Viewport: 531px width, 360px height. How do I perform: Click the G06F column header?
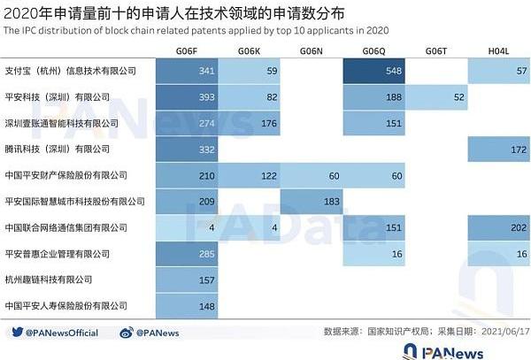pos(187,52)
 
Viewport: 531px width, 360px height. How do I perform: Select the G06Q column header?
pos(374,52)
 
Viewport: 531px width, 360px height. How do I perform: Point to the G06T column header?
pos(436,52)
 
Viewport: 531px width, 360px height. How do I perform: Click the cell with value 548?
pos(374,70)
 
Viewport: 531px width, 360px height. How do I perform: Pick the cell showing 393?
pos(187,96)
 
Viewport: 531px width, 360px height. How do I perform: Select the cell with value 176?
pos(250,123)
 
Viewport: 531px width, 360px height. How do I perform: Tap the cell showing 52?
pos(436,96)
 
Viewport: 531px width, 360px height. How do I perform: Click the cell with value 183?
pos(312,201)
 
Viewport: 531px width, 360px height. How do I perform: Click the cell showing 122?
pos(250,175)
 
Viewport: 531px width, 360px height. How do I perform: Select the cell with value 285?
pos(187,254)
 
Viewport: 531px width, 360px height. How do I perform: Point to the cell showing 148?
pos(187,306)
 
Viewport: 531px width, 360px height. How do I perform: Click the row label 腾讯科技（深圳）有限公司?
pos(58,149)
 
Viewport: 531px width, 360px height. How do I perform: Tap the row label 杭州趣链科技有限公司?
pos(49,280)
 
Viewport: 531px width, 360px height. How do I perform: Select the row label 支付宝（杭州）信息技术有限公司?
pos(71,70)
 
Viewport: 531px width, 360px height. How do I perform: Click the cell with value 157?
pos(187,280)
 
